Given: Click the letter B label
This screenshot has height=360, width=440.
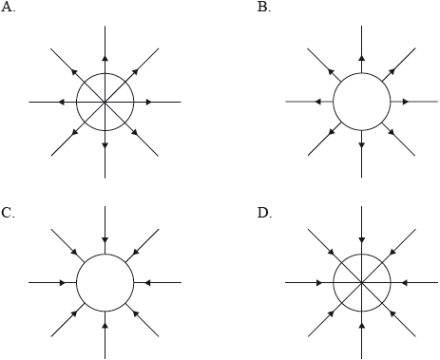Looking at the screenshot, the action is (264, 7).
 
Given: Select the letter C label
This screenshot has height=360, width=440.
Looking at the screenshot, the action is (8, 213).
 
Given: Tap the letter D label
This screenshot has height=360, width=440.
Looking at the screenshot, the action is (264, 213).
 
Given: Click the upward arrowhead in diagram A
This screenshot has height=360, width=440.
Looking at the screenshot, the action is (105, 58).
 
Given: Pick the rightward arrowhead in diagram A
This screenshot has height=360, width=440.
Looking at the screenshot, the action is (149, 102).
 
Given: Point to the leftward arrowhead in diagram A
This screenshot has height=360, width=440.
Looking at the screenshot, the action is (62, 102).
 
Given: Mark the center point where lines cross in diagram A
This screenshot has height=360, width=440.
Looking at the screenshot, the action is (105, 102).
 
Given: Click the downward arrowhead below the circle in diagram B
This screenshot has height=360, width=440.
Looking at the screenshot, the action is (362, 145).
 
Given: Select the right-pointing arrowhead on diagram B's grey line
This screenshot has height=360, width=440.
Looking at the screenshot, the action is (406, 102).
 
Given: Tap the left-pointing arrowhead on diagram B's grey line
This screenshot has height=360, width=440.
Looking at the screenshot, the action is (318, 102).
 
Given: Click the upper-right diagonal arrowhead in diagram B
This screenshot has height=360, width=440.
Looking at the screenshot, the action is (392, 71).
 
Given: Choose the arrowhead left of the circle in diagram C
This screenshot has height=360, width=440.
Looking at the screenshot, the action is (63, 282).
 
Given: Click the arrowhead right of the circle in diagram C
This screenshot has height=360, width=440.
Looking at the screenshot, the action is (147, 282).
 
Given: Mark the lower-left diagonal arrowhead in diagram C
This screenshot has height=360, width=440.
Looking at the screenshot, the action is (75, 313).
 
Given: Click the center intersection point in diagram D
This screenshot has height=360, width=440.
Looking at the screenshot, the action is (362, 282).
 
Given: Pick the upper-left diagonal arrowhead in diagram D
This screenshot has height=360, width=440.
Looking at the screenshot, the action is (331, 252).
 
